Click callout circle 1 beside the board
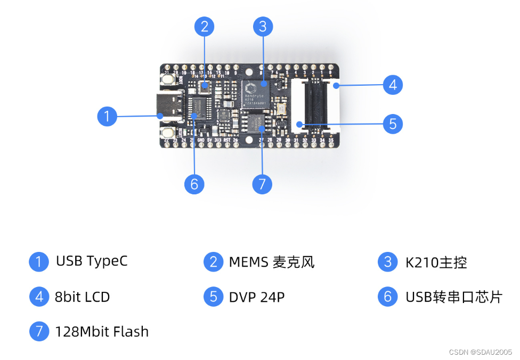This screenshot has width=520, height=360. tap(107, 116)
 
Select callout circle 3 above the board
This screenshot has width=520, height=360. tap(263, 26)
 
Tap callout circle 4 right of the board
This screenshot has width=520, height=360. tap(393, 85)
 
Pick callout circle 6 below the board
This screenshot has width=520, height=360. tap(194, 184)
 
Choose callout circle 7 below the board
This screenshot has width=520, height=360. tap(262, 184)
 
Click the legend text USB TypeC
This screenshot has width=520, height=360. tap(92, 261)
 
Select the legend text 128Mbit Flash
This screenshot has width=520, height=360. tap(101, 332)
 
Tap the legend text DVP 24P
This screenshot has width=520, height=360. tap(257, 297)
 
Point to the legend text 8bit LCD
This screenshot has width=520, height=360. tap(82, 297)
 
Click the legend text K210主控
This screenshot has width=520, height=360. tap(436, 262)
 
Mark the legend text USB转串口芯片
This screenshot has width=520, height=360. tap(453, 297)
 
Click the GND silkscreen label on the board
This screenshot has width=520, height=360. tap(201, 140)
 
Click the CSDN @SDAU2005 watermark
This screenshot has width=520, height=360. tap(480, 352)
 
